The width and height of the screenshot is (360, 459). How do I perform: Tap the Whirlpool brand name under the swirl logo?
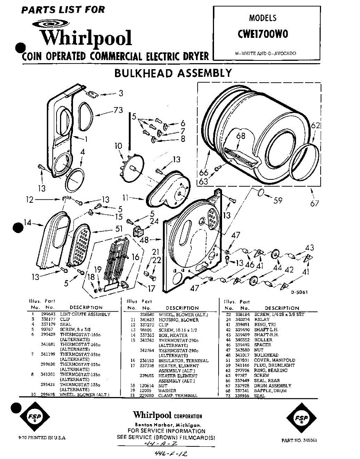click(x=86, y=38)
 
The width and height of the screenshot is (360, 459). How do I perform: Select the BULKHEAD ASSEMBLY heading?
click(x=173, y=73)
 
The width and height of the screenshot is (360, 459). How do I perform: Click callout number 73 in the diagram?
click(x=118, y=111)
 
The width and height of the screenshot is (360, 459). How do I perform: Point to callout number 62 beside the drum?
click(x=315, y=125)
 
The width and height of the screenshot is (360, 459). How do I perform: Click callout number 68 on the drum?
click(x=240, y=136)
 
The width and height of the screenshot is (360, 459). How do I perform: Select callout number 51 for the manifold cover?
click(x=119, y=229)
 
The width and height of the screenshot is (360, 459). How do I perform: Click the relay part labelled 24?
click(x=139, y=232)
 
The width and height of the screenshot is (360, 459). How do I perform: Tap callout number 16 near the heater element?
click(x=136, y=257)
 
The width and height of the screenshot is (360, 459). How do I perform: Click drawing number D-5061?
click(x=299, y=293)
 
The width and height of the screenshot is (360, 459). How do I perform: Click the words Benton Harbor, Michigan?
click(x=167, y=425)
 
